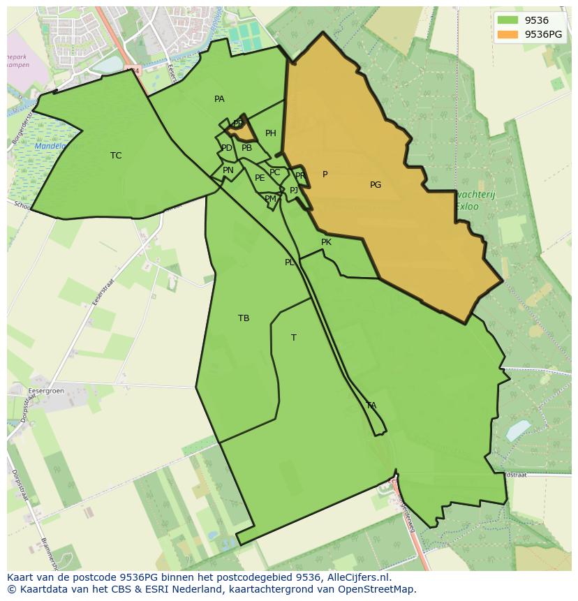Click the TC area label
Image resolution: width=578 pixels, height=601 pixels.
coord(116,156)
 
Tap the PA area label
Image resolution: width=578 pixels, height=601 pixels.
coord(219,99)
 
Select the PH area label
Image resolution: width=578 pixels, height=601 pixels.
coord(271,133)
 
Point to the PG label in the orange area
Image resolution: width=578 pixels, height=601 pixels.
coord(376,185)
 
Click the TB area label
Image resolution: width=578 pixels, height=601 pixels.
coord(244,318)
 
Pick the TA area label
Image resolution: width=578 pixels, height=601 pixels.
coord(371,406)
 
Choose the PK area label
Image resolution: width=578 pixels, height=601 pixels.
coord(326,242)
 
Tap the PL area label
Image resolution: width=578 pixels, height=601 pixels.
coord(290,262)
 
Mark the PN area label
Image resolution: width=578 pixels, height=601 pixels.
coord(228,170)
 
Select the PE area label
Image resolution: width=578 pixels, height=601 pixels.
coord(260,178)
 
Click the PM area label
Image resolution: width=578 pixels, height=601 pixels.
coord(270,199)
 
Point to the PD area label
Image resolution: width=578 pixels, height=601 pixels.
coord(227,148)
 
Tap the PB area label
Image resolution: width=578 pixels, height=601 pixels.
coord(246,148)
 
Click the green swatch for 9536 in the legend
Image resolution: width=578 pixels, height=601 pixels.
coord(508,21)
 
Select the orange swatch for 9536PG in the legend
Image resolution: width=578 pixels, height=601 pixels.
coord(508,34)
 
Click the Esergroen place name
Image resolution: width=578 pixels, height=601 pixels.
coord(47,391)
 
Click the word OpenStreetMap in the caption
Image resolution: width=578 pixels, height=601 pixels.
coord(379,588)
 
